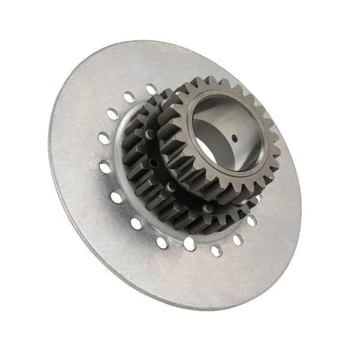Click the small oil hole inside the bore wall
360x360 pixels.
[235, 138]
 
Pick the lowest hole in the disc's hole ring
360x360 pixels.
[189, 243]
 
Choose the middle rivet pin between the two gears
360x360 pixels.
[171, 187]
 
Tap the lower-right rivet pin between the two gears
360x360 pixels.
[208, 208]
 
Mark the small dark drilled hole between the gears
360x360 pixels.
[153, 162]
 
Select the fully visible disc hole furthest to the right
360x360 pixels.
[251, 221]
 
